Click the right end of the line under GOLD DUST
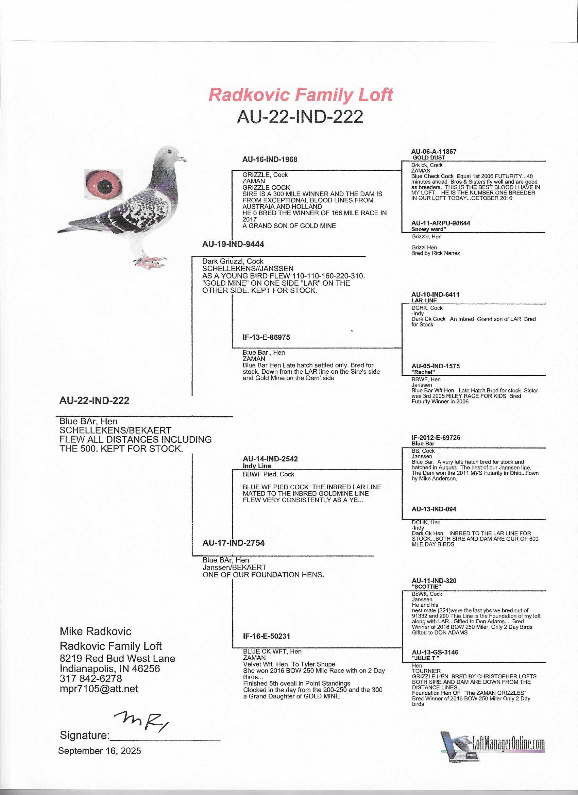(545, 161)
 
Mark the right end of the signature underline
(220, 741)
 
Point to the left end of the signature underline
(110, 741)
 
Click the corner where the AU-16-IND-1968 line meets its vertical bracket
(232, 170)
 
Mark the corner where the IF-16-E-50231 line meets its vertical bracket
(233, 647)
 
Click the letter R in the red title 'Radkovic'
(216, 95)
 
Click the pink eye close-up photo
(104, 184)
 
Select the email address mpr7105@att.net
(99, 689)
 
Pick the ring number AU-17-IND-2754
(234, 543)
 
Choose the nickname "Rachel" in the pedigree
(423, 372)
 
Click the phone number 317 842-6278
(91, 678)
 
